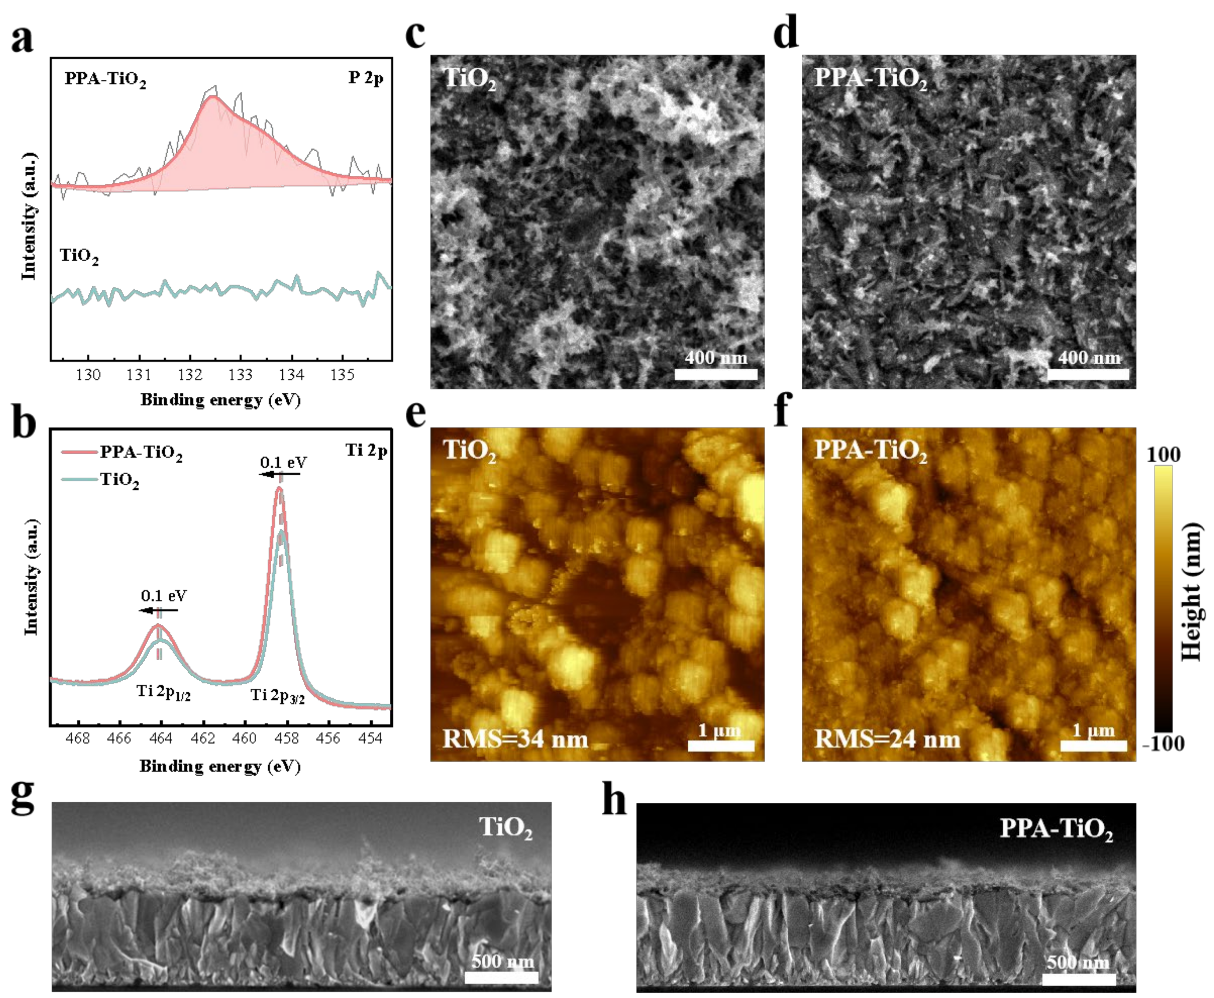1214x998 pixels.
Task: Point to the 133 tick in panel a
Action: pyautogui.click(x=240, y=375)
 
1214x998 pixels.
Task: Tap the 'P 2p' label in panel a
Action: pyautogui.click(x=365, y=78)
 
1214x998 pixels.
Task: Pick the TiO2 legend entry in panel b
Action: pyautogui.click(x=119, y=479)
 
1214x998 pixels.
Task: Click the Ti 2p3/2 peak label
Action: pyautogui.click(x=278, y=696)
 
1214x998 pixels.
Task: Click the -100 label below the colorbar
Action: pyautogui.click(x=1163, y=744)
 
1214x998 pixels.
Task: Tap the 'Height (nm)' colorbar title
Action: pyautogui.click(x=1191, y=592)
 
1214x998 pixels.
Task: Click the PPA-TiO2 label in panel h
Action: pyautogui.click(x=1056, y=829)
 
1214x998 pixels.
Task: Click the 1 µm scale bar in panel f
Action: pyautogui.click(x=1093, y=746)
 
